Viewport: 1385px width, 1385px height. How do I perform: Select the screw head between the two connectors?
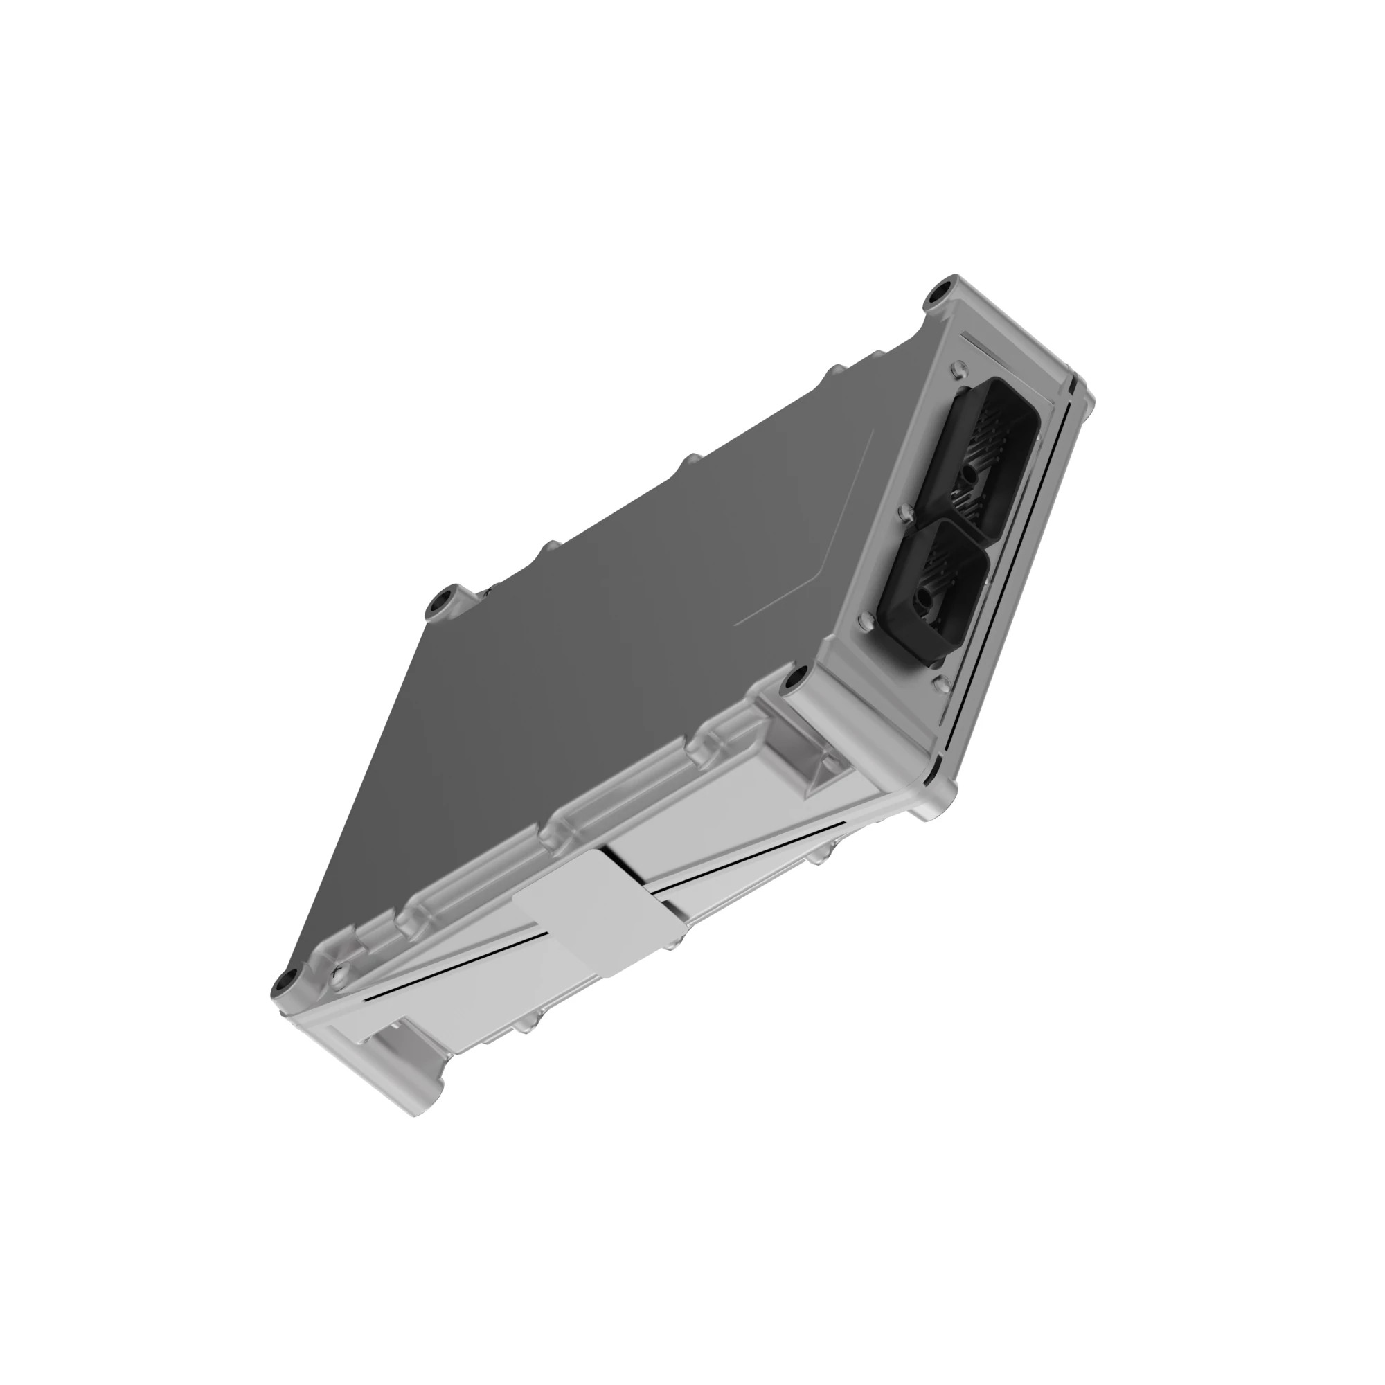tap(904, 512)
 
